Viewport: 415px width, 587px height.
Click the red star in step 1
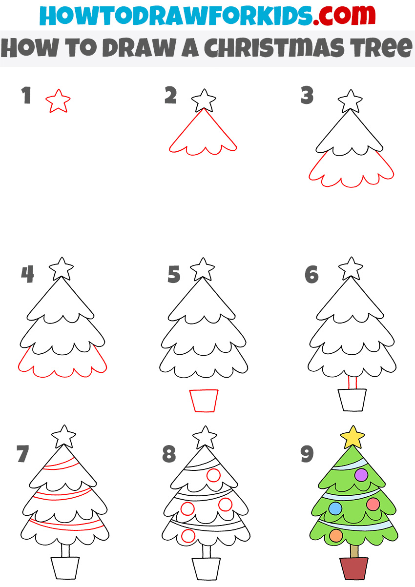58,101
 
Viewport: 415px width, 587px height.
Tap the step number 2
170,96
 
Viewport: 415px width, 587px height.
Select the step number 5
174,275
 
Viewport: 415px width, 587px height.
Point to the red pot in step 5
204,400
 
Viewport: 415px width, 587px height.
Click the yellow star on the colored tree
353,437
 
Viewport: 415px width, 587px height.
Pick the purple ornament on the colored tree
361,474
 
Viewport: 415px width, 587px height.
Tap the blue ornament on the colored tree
335,508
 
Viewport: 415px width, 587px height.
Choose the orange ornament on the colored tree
335,535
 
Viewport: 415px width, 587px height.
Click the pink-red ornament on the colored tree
373,504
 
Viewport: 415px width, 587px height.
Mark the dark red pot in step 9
354,569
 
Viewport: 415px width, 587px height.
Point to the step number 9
307,454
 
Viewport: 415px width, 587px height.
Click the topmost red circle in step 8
213,475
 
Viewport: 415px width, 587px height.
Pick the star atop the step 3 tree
351,101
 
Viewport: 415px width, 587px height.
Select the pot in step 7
65,568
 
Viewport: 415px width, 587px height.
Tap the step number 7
23,454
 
